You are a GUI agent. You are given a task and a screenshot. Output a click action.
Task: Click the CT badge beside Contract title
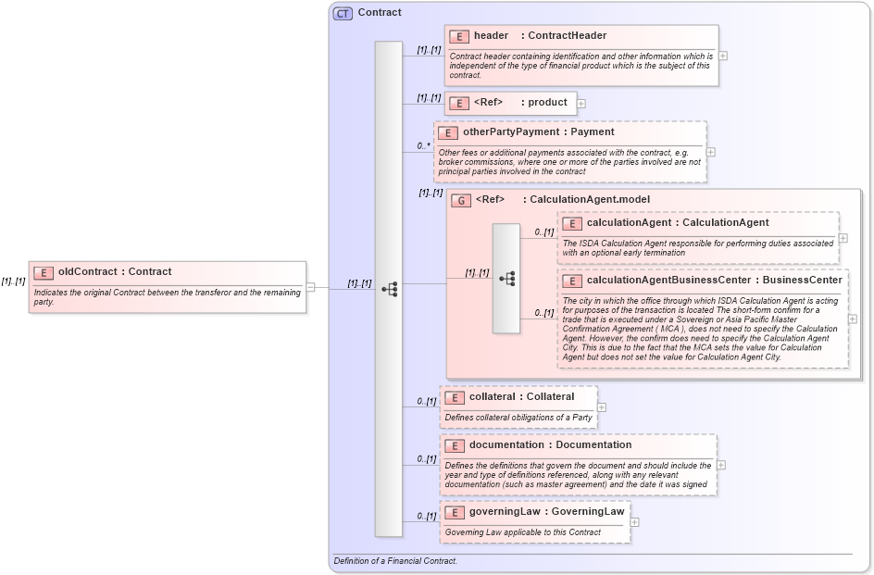click(343, 13)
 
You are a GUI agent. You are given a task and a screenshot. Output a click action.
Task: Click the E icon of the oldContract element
click(44, 272)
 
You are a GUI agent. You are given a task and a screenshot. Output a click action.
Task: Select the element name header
click(491, 36)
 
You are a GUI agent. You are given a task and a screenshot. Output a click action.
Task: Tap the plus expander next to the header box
click(723, 56)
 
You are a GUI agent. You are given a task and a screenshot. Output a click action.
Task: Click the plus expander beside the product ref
click(581, 103)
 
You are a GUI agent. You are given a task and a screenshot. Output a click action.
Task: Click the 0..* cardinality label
click(424, 145)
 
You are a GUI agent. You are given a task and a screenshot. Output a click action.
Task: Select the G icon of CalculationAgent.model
click(460, 200)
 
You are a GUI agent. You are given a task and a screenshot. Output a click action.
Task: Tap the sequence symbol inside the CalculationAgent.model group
click(506, 278)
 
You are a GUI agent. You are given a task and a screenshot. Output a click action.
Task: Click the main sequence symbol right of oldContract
click(389, 289)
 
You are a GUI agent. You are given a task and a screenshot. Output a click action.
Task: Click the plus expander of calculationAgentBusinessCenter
click(853, 319)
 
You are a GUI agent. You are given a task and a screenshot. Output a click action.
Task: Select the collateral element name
click(493, 397)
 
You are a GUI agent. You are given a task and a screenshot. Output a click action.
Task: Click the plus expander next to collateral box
click(602, 406)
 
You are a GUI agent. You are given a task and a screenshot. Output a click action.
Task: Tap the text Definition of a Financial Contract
click(395, 561)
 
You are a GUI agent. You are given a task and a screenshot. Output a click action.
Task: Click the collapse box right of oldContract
click(311, 287)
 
